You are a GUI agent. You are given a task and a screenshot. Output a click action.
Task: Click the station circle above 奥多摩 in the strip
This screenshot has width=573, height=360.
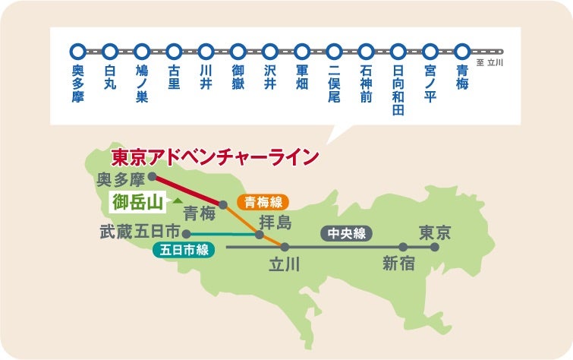click(77, 52)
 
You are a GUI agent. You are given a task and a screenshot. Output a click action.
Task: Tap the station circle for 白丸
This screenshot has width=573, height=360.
click(109, 52)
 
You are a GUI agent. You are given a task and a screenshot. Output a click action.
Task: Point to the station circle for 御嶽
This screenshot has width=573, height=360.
click(238, 52)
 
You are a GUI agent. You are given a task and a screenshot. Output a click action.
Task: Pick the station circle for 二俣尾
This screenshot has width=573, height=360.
click(334, 52)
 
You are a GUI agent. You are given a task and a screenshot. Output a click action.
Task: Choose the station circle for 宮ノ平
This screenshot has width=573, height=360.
click(430, 52)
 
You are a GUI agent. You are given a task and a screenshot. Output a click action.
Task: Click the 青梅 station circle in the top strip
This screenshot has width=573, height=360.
click(462, 52)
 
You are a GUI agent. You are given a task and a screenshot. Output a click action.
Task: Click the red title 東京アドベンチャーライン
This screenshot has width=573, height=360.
click(214, 157)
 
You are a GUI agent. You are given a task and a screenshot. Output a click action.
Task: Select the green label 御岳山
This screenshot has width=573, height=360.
click(137, 202)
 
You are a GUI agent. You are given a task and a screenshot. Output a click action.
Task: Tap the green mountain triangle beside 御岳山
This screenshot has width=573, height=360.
click(176, 201)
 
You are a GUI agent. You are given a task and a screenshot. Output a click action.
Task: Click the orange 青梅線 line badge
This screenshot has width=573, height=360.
click(264, 203)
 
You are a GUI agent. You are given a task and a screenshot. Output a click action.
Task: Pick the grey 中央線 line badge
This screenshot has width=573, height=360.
click(348, 233)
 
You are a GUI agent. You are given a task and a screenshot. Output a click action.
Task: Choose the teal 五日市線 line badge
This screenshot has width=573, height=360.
click(184, 249)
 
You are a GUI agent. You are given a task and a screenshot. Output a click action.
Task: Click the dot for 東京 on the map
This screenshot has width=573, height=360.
click(435, 247)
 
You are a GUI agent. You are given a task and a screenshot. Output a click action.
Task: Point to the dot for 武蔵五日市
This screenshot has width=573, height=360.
click(185, 234)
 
